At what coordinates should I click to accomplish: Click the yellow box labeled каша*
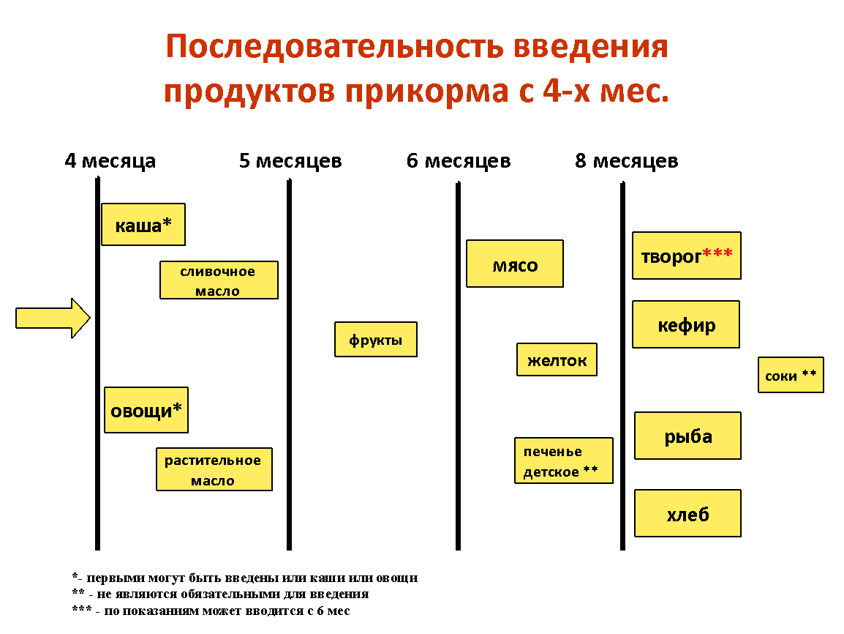pyautogui.click(x=143, y=225)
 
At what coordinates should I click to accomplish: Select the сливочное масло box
pyautogui.click(x=219, y=280)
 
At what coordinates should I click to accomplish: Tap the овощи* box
pyautogui.click(x=146, y=410)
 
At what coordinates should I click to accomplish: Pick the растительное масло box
pyautogui.click(x=214, y=469)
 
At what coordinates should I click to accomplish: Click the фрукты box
pyautogui.click(x=376, y=340)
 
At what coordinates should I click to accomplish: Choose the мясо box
pyautogui.click(x=515, y=264)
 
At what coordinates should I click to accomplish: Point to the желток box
pyautogui.click(x=557, y=359)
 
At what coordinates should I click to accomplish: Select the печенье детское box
pyautogui.click(x=564, y=460)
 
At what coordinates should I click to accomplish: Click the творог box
pyautogui.click(x=686, y=256)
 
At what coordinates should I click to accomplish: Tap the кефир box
pyautogui.click(x=686, y=324)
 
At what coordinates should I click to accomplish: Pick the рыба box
pyautogui.click(x=687, y=436)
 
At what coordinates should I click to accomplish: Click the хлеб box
pyautogui.click(x=687, y=513)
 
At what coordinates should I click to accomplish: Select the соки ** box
pyautogui.click(x=791, y=375)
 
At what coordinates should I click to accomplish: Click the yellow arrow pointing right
pyautogui.click(x=53, y=318)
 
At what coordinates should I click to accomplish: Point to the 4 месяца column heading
pyautogui.click(x=110, y=160)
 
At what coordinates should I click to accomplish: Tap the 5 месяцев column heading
pyautogui.click(x=290, y=160)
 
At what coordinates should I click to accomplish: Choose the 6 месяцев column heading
pyautogui.click(x=459, y=160)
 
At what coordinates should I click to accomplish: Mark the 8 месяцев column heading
pyautogui.click(x=627, y=160)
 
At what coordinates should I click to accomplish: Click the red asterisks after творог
pyautogui.click(x=717, y=253)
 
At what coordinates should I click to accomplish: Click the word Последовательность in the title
pyautogui.click(x=335, y=47)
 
